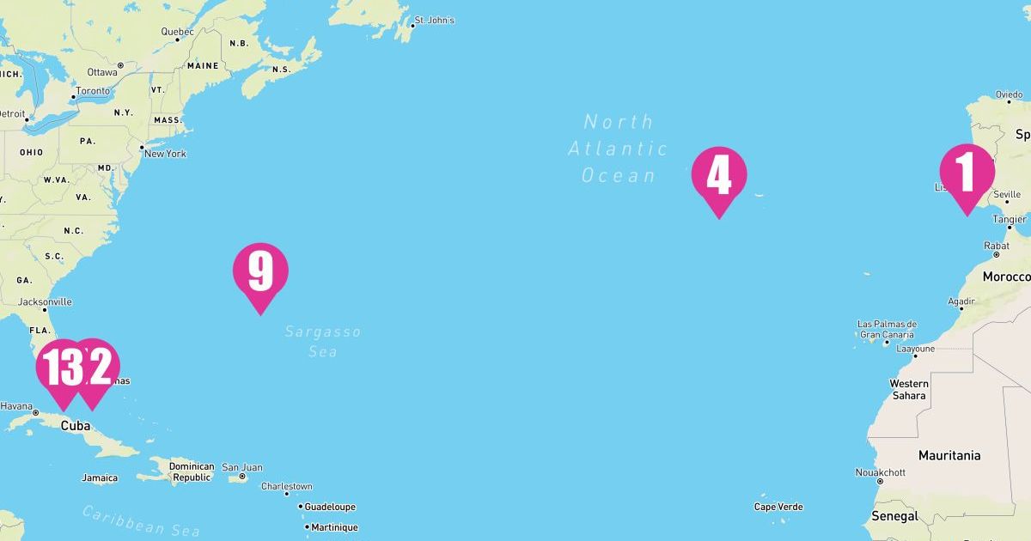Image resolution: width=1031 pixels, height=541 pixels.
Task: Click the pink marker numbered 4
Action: coord(719,175)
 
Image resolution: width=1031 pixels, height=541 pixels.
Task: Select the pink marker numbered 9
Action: coord(260,271)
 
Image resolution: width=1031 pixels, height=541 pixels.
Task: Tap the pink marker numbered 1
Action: coord(967,172)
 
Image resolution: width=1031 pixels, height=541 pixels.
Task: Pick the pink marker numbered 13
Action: coord(60,368)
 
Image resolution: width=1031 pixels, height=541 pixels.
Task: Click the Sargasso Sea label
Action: coord(322,341)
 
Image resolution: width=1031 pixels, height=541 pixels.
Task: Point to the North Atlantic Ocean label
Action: coord(618,149)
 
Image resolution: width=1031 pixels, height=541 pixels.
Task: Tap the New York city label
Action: coord(164,154)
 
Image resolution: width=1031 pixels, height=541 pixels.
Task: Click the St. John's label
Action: coord(434,20)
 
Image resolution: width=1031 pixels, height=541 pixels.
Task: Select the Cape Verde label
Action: coord(778,507)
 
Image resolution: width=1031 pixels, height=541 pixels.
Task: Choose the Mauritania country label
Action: coord(949,455)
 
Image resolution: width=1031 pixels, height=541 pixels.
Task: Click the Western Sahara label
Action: coord(909,389)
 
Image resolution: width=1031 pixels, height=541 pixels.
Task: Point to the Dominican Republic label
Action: coord(191,471)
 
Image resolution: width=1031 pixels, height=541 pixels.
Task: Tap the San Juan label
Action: coord(241,467)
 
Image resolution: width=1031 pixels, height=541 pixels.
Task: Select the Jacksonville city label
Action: coord(45,301)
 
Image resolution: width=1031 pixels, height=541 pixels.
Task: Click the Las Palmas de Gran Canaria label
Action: coord(887,329)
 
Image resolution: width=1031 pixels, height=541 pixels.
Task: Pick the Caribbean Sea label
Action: coord(142,520)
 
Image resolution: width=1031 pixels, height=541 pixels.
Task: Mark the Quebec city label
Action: coord(177,32)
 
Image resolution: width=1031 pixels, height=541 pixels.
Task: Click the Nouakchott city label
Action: coord(881,472)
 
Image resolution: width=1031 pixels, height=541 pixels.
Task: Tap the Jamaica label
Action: coord(100,477)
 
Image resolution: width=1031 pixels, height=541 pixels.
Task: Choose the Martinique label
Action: coord(334,527)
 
